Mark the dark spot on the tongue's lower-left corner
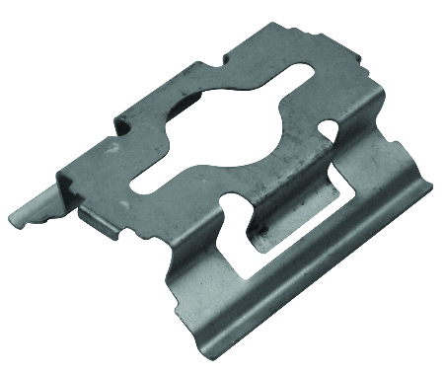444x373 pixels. pos(259,235)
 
